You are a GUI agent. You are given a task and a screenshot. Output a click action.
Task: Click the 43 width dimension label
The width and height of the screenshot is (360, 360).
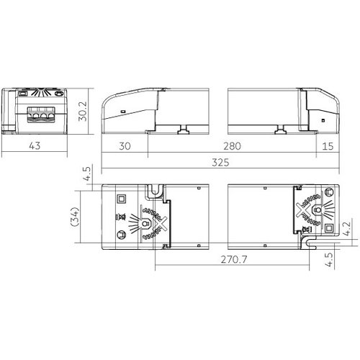(35, 145)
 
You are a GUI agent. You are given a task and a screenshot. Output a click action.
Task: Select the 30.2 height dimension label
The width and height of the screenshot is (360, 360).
(83, 111)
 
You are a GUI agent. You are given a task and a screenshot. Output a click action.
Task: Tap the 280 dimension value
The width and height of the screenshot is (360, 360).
(232, 146)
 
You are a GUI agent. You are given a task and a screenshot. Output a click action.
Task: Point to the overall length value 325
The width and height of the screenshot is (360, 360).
(220, 163)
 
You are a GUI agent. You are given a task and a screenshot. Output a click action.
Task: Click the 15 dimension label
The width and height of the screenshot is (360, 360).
(328, 146)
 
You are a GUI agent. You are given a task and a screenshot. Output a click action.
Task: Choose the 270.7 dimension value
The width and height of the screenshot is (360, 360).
(234, 259)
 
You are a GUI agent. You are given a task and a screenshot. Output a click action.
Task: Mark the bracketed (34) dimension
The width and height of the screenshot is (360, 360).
(75, 217)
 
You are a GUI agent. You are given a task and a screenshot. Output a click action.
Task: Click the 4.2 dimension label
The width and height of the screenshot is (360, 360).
(347, 229)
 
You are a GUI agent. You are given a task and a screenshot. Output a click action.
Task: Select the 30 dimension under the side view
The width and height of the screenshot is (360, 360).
(125, 146)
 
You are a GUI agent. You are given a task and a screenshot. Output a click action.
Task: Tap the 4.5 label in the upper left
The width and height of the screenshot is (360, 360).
(87, 174)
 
